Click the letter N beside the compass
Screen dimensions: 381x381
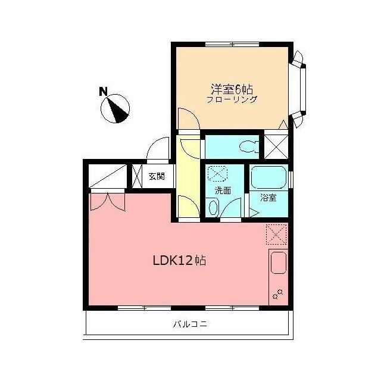[x=103, y=91]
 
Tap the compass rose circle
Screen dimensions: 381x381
[x=115, y=108]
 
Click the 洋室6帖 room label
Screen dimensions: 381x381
[x=232, y=89]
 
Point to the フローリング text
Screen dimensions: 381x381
[x=232, y=99]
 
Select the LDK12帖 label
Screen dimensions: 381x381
[x=180, y=261]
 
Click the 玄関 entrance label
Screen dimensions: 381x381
[x=157, y=176]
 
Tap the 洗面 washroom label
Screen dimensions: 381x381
[x=223, y=190]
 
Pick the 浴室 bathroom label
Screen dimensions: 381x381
[x=268, y=198]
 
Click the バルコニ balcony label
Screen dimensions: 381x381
[x=190, y=324]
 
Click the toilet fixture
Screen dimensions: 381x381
[x=248, y=147]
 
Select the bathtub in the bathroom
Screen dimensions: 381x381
[x=268, y=177]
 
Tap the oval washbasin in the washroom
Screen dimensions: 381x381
[x=214, y=207]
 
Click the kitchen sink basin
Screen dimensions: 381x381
[x=279, y=263]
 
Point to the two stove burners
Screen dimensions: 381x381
[x=278, y=294]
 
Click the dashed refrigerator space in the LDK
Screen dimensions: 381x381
[x=276, y=234]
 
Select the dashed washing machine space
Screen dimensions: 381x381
[x=217, y=173]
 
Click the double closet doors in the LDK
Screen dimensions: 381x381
[x=108, y=202]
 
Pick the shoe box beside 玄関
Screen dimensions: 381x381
[x=137, y=176]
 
